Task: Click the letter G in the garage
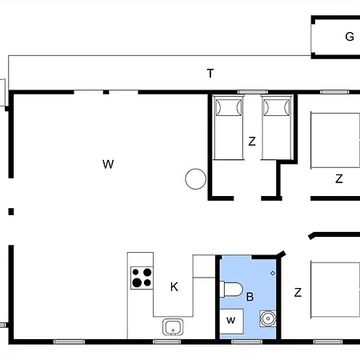[350, 37]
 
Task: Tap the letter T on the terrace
[210, 74]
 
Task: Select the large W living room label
[108, 164]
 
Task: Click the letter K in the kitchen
[174, 287]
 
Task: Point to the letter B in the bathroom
[250, 297]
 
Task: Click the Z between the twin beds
[252, 142]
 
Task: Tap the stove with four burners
[142, 278]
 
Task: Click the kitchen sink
[173, 327]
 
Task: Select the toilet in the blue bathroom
[231, 290]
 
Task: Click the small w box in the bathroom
[231, 321]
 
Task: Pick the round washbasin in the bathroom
[268, 318]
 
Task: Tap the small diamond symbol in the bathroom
[273, 273]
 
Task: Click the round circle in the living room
[195, 179]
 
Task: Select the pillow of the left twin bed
[229, 107]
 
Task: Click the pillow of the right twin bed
[277, 107]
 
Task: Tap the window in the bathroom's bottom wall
[246, 342]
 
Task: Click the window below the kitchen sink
[167, 342]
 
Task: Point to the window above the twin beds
[253, 92]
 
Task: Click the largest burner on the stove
[137, 282]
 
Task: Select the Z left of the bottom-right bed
[298, 293]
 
